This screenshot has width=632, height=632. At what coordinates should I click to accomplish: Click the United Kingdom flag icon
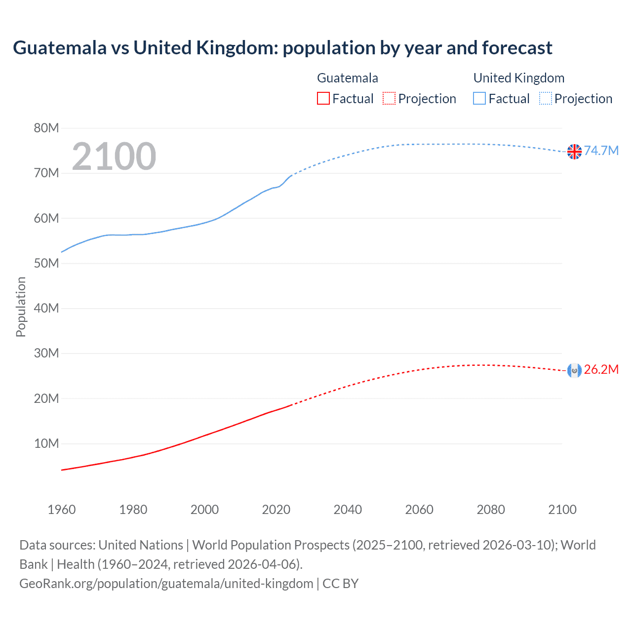click(x=574, y=152)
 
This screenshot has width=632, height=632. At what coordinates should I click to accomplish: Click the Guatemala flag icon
click(x=574, y=370)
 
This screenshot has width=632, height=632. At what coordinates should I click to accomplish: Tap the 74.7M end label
click(x=601, y=151)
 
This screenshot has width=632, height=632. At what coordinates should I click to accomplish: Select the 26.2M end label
click(x=601, y=370)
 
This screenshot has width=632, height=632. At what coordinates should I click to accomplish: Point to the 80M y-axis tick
click(x=46, y=128)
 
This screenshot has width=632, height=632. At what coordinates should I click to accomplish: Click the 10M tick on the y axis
click(x=46, y=443)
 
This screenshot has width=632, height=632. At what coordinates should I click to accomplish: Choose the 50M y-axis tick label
click(x=46, y=263)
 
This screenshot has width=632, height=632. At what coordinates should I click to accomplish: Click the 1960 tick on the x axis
click(x=62, y=510)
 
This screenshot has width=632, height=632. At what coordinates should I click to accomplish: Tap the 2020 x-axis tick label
click(x=276, y=510)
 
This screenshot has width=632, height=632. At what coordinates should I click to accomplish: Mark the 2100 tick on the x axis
click(x=562, y=510)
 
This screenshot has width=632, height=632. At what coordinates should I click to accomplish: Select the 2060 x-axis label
click(x=419, y=510)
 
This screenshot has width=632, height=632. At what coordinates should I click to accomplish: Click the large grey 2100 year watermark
click(x=114, y=157)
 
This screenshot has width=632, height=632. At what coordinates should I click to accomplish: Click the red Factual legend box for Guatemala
click(x=323, y=99)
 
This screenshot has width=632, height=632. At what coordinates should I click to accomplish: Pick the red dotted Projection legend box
click(x=389, y=99)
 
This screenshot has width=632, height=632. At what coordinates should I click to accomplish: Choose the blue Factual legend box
click(x=479, y=99)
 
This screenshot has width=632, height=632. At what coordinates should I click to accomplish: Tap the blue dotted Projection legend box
click(x=546, y=99)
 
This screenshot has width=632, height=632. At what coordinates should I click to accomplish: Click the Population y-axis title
click(x=21, y=307)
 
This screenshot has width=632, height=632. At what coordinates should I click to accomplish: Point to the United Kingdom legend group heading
click(x=518, y=78)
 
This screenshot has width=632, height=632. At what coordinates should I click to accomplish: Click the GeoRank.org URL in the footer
click(x=166, y=584)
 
